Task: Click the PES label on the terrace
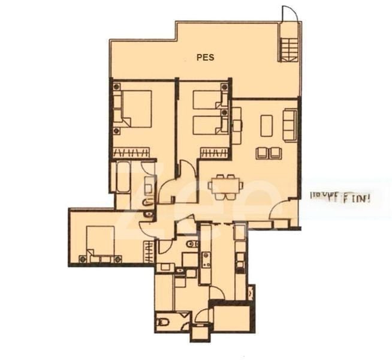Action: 206,58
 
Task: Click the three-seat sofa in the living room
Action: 290,125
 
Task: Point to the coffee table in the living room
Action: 266,125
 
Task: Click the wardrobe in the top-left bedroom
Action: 131,152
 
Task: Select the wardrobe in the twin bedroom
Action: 214,152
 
